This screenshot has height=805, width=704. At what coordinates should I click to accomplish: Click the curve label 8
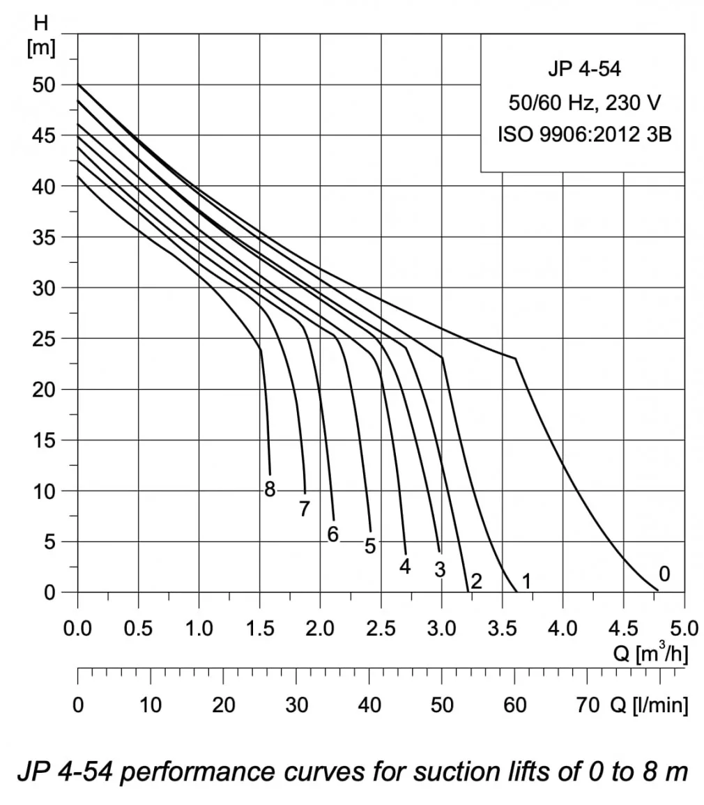(270, 490)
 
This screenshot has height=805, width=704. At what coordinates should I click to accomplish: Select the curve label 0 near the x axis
(664, 574)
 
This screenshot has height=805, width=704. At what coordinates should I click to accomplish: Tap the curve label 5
(370, 546)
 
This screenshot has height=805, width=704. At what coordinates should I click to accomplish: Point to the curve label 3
(440, 569)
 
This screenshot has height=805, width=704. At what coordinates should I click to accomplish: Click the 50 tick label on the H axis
(44, 84)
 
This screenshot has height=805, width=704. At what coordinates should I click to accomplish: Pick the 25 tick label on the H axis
(44, 339)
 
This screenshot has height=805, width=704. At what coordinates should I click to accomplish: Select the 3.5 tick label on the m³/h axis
(503, 629)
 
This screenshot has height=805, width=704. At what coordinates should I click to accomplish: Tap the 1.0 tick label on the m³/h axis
(199, 629)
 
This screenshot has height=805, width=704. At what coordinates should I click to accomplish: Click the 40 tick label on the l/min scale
(369, 705)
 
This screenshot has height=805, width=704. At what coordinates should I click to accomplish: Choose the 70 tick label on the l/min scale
(588, 705)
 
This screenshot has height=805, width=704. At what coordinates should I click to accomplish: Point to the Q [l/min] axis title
(649, 705)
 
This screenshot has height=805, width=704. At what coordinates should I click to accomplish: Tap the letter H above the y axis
(42, 22)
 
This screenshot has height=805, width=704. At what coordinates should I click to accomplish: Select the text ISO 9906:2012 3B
(584, 135)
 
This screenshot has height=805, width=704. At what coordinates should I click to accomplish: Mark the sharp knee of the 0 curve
(516, 358)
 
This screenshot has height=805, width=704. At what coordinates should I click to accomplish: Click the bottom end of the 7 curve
(305, 491)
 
